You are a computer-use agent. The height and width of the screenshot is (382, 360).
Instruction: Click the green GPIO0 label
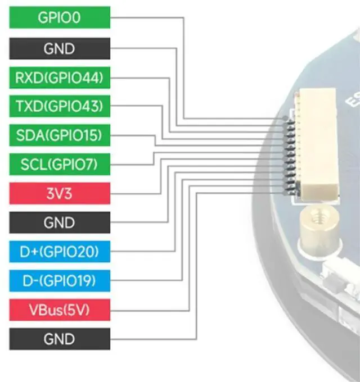60,17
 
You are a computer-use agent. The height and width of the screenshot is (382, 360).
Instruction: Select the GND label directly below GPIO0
60,48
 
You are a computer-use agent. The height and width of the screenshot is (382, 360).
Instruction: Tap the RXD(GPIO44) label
60,78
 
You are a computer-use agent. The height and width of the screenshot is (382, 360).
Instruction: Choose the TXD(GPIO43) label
60,106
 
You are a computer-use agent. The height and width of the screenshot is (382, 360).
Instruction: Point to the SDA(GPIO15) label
60,135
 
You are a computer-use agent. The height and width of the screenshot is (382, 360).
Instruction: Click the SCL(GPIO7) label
60,165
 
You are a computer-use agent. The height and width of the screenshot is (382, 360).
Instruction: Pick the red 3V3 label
60,194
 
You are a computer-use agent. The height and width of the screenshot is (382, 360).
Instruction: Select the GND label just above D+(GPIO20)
60,223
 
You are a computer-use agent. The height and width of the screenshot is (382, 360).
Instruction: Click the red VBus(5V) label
60,310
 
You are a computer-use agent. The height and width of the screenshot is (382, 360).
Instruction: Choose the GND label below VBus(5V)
60,339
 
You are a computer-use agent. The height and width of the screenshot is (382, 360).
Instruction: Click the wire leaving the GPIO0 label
146,17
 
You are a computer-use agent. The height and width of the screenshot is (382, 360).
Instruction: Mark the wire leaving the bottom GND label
152,339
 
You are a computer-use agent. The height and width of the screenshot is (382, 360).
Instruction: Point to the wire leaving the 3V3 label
135,194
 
